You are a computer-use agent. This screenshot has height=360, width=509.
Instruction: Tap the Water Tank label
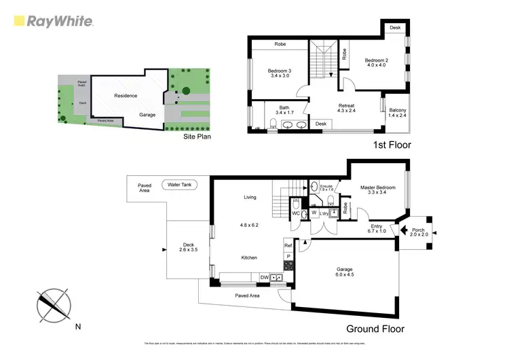(179, 184)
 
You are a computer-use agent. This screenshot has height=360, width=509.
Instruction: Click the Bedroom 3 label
(279, 73)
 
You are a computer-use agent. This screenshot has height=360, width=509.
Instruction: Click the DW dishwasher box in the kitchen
(265, 277)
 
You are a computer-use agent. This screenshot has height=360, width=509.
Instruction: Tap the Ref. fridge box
(288, 245)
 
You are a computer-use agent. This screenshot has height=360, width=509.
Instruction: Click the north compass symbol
(54, 305)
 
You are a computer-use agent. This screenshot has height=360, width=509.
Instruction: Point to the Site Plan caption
(197, 137)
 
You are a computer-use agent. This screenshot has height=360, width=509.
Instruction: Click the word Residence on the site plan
(126, 96)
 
